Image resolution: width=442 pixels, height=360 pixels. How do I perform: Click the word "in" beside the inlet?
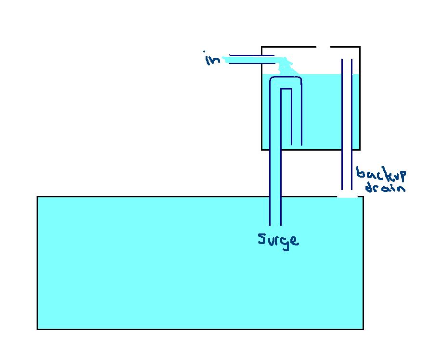(212, 59)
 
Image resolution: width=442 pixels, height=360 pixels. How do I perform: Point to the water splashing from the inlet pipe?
(286, 66)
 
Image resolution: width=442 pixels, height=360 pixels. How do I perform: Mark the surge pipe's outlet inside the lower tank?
(275, 224)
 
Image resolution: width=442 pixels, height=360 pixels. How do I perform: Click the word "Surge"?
(278, 239)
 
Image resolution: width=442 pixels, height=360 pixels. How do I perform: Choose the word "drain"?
(385, 187)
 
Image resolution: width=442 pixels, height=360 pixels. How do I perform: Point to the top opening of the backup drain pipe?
(347, 60)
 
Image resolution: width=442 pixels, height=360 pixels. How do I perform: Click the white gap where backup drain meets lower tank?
(347, 196)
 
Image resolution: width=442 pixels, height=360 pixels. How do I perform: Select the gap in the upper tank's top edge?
(323, 47)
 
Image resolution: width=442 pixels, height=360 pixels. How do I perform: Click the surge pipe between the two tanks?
(275, 173)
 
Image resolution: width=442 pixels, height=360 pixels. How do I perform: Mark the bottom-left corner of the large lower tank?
(38, 329)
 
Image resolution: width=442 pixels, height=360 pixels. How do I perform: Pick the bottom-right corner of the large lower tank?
(363, 329)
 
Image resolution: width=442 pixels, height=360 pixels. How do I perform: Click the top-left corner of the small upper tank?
(261, 47)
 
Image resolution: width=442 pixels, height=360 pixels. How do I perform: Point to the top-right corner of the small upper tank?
(360, 47)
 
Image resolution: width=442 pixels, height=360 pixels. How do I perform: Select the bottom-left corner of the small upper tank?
(261, 150)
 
